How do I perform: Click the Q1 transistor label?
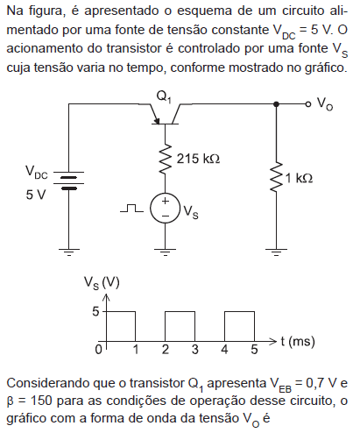164,96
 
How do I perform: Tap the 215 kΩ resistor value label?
198,159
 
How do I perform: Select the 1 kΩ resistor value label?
299,178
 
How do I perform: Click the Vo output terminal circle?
307,104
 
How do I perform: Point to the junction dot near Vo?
276,104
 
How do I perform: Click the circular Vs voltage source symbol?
166,209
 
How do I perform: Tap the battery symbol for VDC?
69,181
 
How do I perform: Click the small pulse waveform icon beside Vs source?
131,209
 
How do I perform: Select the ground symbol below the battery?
69,252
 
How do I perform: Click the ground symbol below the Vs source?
166,252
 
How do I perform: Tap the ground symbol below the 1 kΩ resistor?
276,252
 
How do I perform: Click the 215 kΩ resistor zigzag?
166,159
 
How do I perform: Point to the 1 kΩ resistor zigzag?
276,177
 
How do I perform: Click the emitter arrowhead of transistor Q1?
157,121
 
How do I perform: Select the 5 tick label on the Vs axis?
95,312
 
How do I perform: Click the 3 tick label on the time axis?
195,350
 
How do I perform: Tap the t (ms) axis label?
298,342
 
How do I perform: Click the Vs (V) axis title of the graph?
102,283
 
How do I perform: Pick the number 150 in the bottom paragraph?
41,401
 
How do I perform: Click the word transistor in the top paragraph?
133,48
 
